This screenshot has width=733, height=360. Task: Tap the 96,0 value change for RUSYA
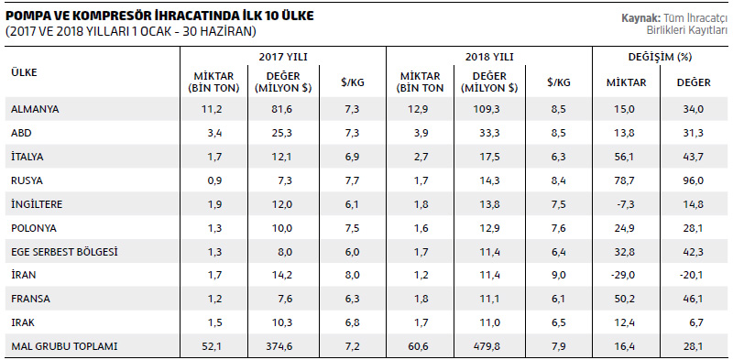(x=694, y=180)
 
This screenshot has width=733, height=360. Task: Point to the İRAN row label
(x=24, y=275)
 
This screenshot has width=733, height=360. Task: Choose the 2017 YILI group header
(x=283, y=57)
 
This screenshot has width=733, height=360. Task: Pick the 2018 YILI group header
(x=489, y=57)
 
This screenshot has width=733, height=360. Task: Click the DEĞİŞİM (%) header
(x=660, y=57)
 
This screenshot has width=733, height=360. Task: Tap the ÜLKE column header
(x=25, y=72)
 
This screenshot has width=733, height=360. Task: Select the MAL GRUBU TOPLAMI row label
(x=64, y=346)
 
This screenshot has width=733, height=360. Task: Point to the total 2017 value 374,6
(x=282, y=346)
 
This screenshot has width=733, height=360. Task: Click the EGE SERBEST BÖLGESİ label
(x=64, y=252)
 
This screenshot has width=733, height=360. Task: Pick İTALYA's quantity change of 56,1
(x=625, y=157)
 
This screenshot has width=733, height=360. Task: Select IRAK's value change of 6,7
(x=696, y=322)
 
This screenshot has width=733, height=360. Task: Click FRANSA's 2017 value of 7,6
(x=285, y=299)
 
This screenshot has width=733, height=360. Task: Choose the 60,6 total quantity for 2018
(x=420, y=346)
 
